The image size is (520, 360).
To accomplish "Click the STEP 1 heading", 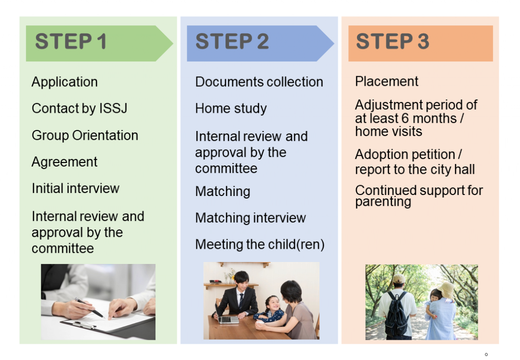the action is click(71, 42).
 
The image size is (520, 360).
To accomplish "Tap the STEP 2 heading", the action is click(232, 42).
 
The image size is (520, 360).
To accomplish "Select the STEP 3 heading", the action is click(393, 42).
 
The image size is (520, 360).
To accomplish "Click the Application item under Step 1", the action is click(64, 82).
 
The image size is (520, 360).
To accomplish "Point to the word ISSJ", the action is click(113, 108).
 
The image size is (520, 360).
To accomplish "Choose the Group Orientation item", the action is click(85, 136).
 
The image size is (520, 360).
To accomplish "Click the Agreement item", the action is click(64, 162).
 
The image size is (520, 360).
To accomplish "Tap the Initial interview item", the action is click(76, 188).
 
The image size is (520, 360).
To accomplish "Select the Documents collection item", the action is click(259, 82).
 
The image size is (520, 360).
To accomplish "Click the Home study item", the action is click(231, 108).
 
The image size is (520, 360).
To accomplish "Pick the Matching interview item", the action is click(250, 218).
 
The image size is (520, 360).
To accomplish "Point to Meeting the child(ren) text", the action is click(260, 244).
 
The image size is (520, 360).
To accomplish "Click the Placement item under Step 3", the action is click(386, 81).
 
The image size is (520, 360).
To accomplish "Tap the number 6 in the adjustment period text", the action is click(405, 118).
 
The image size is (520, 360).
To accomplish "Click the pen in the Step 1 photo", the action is click(89, 308).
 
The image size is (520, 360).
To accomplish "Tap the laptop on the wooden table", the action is click(226, 316).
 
